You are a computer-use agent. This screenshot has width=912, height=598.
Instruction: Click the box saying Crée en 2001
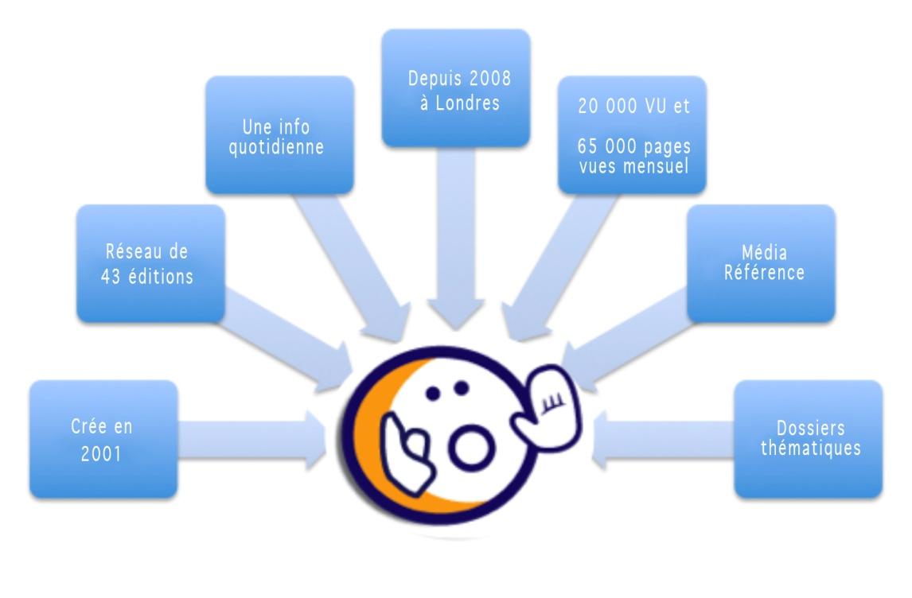click(x=103, y=439)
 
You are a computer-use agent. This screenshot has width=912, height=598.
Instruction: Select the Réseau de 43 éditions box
click(x=150, y=263)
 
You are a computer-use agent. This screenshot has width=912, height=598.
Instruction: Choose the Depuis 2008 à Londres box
click(x=455, y=88)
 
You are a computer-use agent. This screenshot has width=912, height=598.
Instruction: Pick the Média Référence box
click(x=760, y=263)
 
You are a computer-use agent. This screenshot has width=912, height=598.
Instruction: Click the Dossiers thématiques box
click(x=808, y=439)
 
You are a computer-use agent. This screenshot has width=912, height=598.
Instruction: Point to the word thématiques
click(x=810, y=448)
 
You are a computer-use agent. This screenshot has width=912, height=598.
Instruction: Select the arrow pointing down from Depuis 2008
click(x=455, y=239)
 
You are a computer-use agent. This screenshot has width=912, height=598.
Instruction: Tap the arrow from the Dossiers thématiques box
click(x=661, y=440)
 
